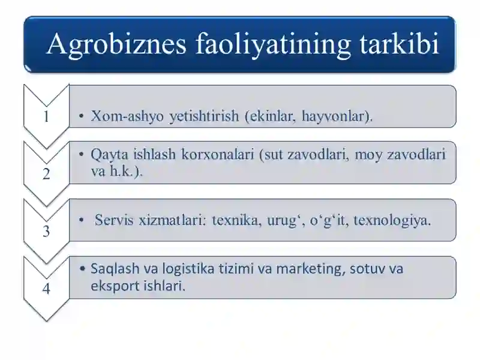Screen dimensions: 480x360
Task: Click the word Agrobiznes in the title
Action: click(116, 44)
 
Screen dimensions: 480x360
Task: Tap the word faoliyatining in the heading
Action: click(273, 44)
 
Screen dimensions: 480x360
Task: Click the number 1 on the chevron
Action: click(46, 116)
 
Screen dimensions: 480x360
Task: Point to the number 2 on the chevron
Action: click(46, 174)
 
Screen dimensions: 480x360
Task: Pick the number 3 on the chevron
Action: click(46, 231)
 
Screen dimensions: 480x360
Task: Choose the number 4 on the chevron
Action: click(46, 289)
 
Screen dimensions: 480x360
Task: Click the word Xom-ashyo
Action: click(127, 116)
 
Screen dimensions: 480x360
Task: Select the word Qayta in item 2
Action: click(109, 155)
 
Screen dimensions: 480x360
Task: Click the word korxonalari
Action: click(218, 154)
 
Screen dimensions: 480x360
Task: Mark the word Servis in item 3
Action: click(114, 220)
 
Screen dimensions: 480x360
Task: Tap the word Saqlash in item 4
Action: click(115, 269)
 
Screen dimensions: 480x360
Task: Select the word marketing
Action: click(311, 269)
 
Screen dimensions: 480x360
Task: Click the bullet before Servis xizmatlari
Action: click(81, 220)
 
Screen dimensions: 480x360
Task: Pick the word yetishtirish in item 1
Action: click(204, 116)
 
